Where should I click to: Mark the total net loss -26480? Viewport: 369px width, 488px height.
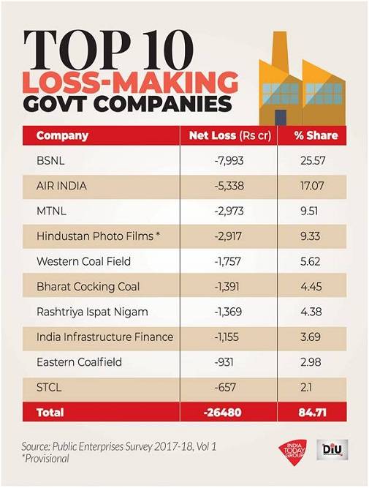coord(227,413)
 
